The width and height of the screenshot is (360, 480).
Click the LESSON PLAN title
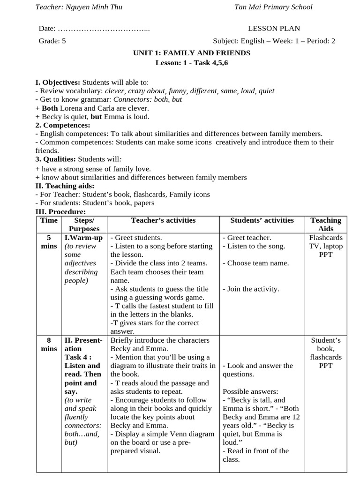274,29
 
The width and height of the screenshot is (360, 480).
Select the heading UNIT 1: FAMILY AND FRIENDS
192,53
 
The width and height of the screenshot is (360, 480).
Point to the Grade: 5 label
52,41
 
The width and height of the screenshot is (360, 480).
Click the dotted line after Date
103,29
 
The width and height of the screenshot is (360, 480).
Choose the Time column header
49,220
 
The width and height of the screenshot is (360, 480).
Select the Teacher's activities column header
163,220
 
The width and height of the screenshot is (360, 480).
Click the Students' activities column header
262,220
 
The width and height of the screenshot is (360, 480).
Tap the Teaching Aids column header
326,225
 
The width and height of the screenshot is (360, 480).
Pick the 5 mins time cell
49,242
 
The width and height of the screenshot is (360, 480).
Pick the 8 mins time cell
49,345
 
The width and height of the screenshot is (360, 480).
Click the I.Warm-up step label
83,238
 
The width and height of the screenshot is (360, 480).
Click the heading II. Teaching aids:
65,186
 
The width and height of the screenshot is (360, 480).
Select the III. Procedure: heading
60,212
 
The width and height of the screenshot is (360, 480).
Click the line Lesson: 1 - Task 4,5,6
192,63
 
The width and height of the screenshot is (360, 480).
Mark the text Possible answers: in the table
250,391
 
